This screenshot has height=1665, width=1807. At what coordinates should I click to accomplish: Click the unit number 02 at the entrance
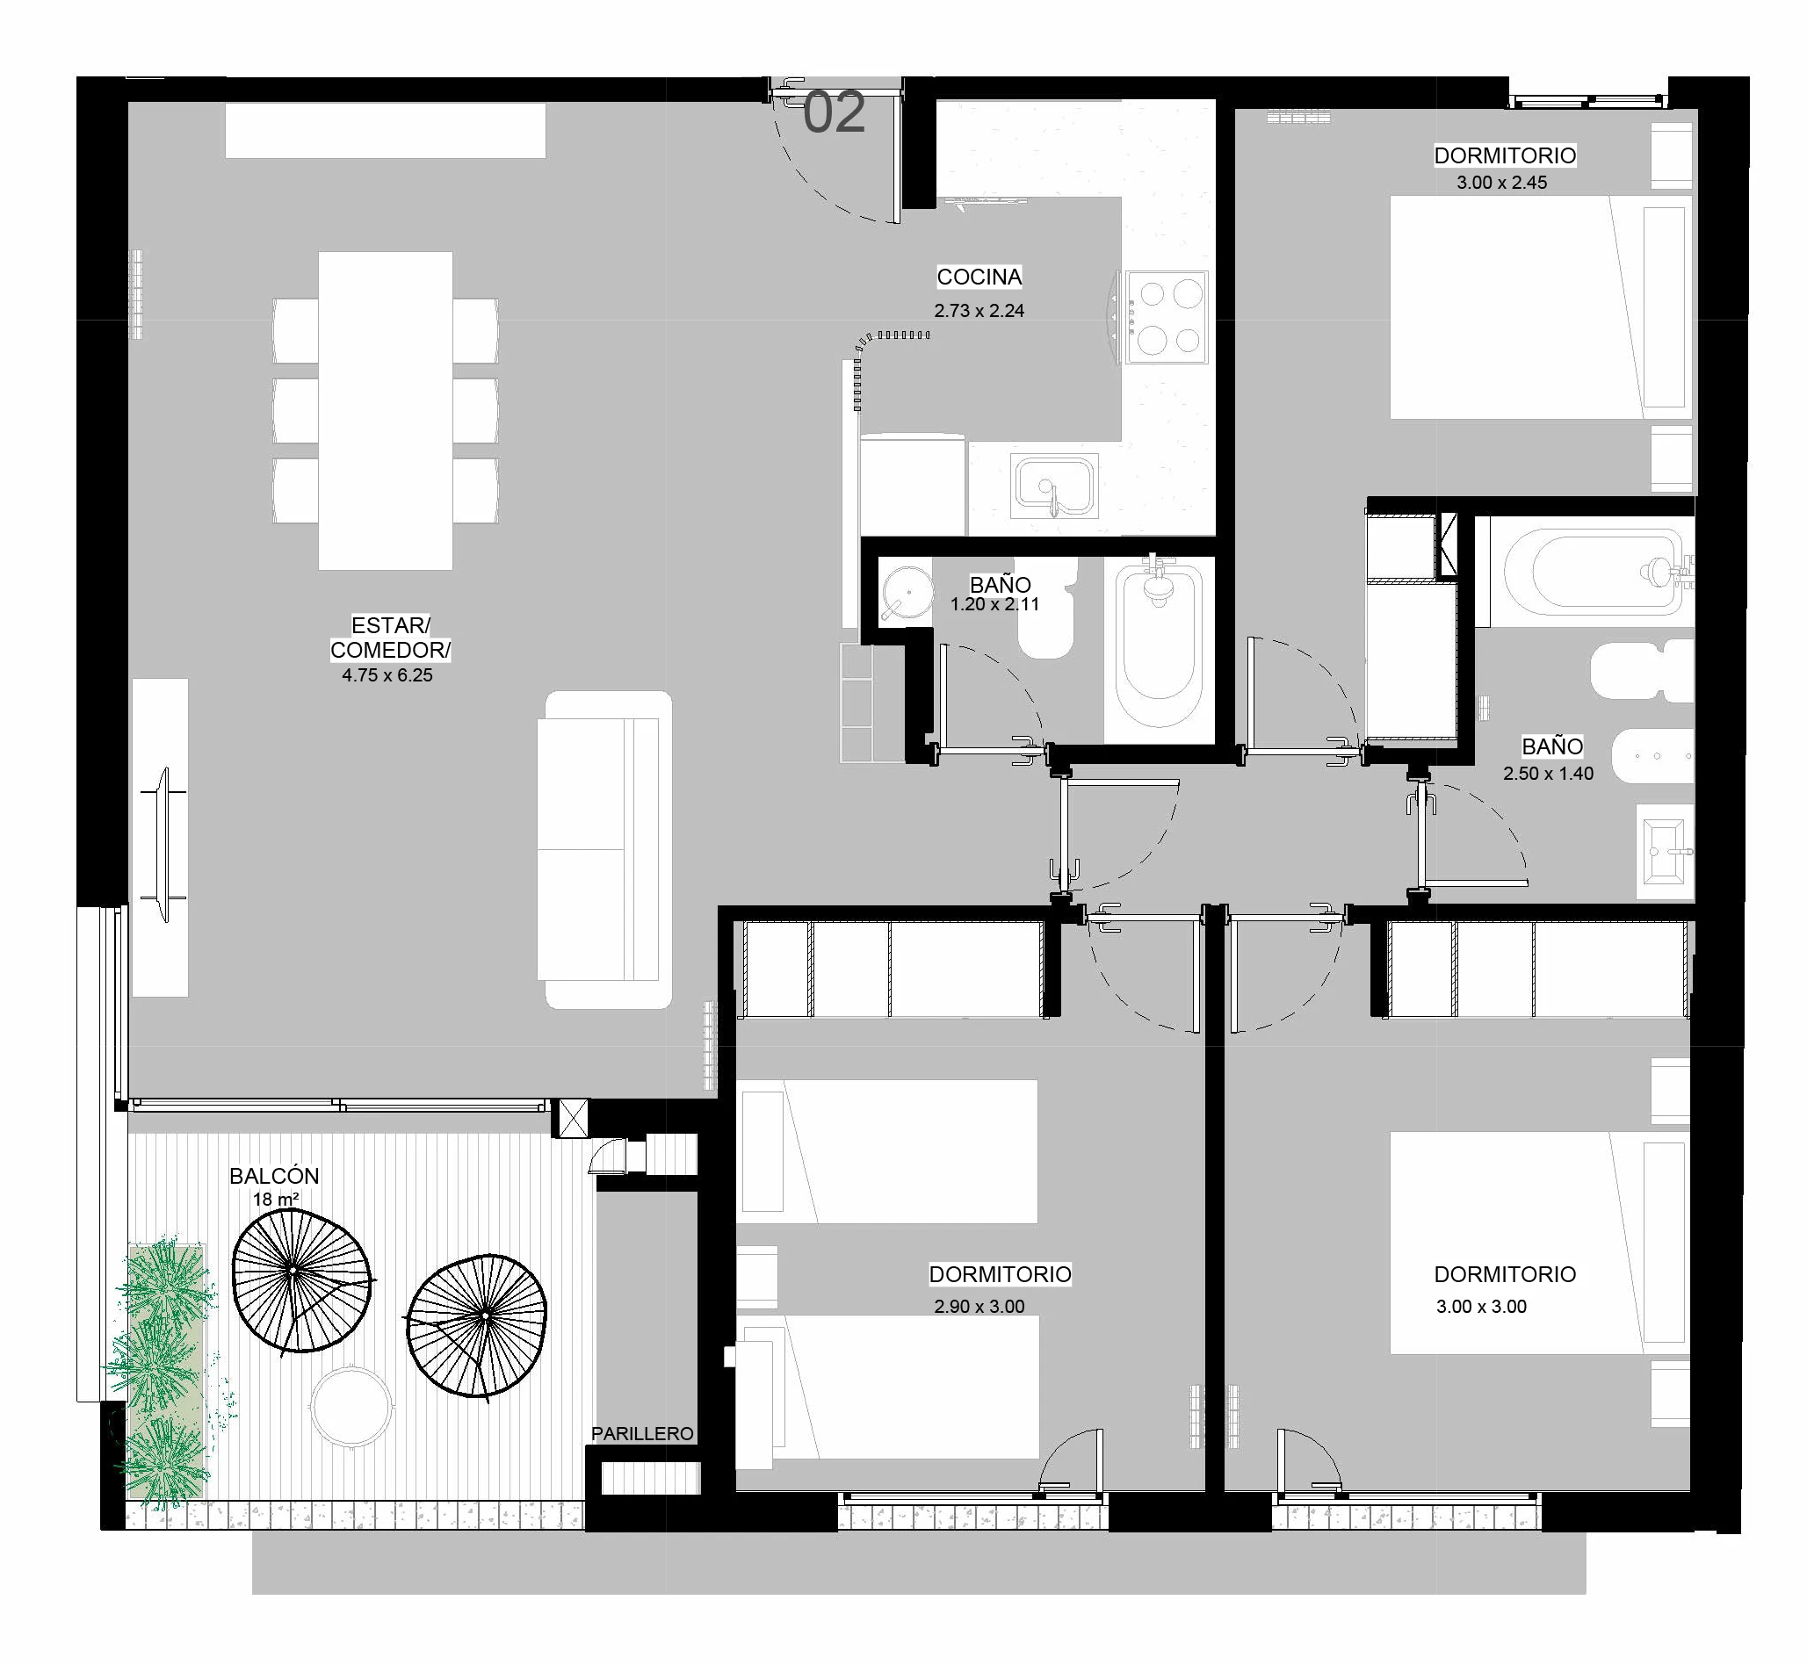[834, 112]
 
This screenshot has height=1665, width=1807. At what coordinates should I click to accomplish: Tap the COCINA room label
[979, 277]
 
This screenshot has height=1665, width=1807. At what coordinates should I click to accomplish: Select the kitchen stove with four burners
[1167, 317]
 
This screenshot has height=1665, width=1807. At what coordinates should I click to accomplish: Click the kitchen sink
[1055, 487]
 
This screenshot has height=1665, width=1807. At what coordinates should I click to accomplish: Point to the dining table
[386, 411]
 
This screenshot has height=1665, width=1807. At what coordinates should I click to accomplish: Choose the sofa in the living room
[604, 849]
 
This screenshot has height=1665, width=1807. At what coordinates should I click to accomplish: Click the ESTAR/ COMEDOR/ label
[390, 637]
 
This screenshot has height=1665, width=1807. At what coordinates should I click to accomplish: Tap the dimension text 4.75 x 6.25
[387, 674]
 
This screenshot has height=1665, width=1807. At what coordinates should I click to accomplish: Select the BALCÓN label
[274, 1176]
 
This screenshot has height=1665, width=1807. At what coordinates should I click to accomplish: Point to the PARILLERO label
[642, 1433]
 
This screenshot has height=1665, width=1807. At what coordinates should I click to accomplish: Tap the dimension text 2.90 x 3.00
[979, 1307]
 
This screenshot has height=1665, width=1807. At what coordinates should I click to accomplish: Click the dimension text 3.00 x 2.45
[1502, 182]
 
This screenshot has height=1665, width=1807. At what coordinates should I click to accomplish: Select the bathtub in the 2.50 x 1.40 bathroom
[1593, 571]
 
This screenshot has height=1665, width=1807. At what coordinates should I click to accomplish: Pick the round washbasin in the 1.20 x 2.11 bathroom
[906, 593]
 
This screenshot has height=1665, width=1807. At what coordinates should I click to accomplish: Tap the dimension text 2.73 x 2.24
[979, 311]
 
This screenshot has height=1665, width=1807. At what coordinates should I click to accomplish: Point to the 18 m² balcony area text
[276, 1200]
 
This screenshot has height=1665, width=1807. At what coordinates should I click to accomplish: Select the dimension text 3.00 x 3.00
[1482, 1307]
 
